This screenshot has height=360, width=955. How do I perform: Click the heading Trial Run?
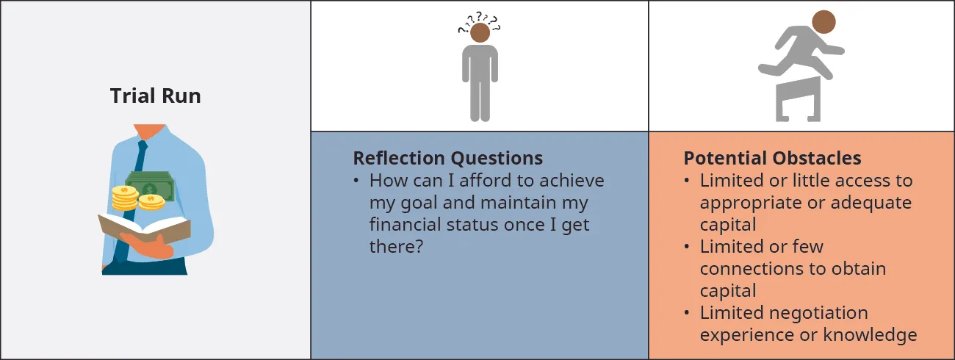[x=155, y=96]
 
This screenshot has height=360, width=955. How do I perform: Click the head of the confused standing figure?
[x=480, y=32]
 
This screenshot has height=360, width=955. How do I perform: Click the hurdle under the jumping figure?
[x=798, y=98]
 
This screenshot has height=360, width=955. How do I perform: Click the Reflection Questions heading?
[x=447, y=158]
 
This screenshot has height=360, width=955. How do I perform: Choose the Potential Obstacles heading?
[x=772, y=158]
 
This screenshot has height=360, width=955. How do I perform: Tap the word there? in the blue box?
[x=396, y=247]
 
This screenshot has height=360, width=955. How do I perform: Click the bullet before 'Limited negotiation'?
[x=686, y=313]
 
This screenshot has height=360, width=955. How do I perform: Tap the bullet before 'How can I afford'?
[x=356, y=181]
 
